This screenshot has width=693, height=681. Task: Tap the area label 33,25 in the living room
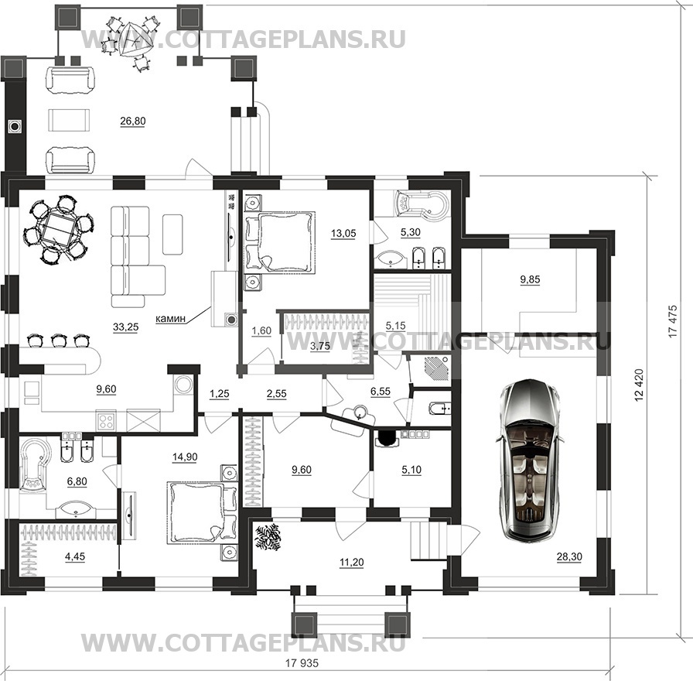tap(126, 327)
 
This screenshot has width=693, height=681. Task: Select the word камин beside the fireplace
tap(169, 317)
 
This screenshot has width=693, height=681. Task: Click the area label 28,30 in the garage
tap(569, 556)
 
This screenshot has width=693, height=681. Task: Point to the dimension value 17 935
tap(302, 663)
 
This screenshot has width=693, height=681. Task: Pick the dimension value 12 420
tap(639, 385)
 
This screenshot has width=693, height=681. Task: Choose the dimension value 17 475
tap(673, 322)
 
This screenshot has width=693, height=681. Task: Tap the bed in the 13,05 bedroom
tap(280, 241)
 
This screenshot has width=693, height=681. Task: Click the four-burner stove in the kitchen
tap(106, 420)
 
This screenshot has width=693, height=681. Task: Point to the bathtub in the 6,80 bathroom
tap(33, 464)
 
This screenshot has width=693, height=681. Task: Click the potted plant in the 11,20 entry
tap(268, 537)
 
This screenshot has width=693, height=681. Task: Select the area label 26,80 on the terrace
tap(133, 121)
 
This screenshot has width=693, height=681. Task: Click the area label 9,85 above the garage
tap(530, 279)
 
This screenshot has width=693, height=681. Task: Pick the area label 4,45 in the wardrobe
tap(75, 556)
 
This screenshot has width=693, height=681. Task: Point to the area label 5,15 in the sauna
tap(395, 326)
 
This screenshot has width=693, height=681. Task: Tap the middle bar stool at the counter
tap(59, 341)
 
